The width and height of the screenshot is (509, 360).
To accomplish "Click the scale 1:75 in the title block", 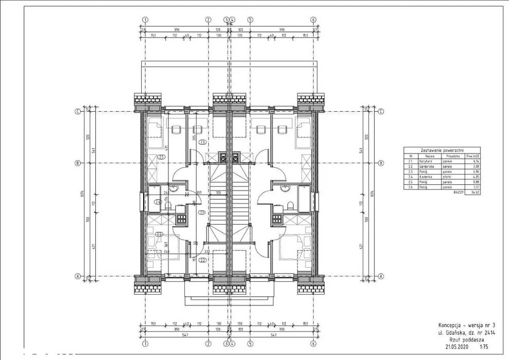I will tap(483, 347).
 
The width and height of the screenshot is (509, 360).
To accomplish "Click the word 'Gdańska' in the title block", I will tap(455, 333).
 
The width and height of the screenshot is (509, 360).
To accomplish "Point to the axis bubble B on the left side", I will tap(78, 163).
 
